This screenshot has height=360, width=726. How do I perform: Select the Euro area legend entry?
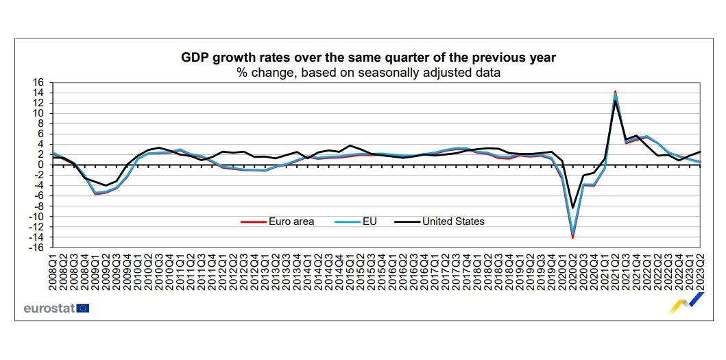tap(277, 221)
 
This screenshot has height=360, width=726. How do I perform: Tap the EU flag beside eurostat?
tap(83, 308)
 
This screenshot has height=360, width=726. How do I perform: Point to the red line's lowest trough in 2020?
tap(572, 237)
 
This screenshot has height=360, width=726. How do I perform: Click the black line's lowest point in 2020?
tap(572, 208)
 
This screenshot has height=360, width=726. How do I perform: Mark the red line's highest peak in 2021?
tap(615, 91)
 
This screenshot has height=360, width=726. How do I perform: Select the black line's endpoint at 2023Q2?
tap(699, 152)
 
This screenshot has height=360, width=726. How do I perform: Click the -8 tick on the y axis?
tap(38, 206)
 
